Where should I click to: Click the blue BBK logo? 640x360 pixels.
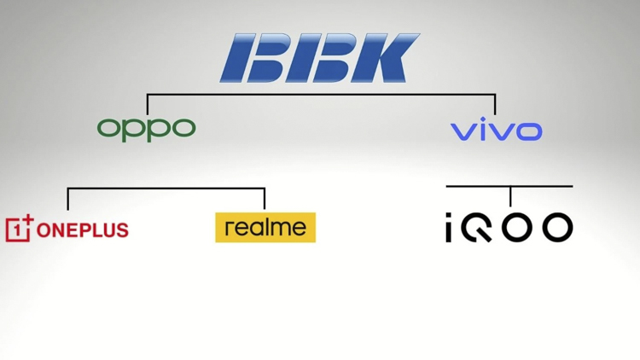[x=320, y=58]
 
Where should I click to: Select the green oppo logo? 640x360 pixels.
[x=147, y=130]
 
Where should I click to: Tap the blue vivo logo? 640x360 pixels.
[x=497, y=129]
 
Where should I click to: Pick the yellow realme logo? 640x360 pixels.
[x=265, y=228]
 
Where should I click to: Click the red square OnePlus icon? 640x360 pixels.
[x=19, y=229]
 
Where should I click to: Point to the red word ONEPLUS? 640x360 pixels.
[x=83, y=230]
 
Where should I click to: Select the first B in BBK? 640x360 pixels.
[x=254, y=58]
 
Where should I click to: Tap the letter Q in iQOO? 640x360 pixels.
[x=476, y=227]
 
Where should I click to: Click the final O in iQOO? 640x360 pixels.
[x=557, y=227]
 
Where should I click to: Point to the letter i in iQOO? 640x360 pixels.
[x=449, y=227]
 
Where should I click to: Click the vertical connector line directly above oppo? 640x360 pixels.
[x=148, y=104]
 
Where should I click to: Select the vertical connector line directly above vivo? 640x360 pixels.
[x=495, y=104]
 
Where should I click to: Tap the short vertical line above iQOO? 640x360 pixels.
[x=510, y=196]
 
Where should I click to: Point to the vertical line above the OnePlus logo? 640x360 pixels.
[x=67, y=199]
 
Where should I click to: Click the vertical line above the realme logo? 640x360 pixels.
[x=265, y=199]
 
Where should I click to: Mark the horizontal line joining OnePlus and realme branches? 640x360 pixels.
[x=166, y=189]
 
